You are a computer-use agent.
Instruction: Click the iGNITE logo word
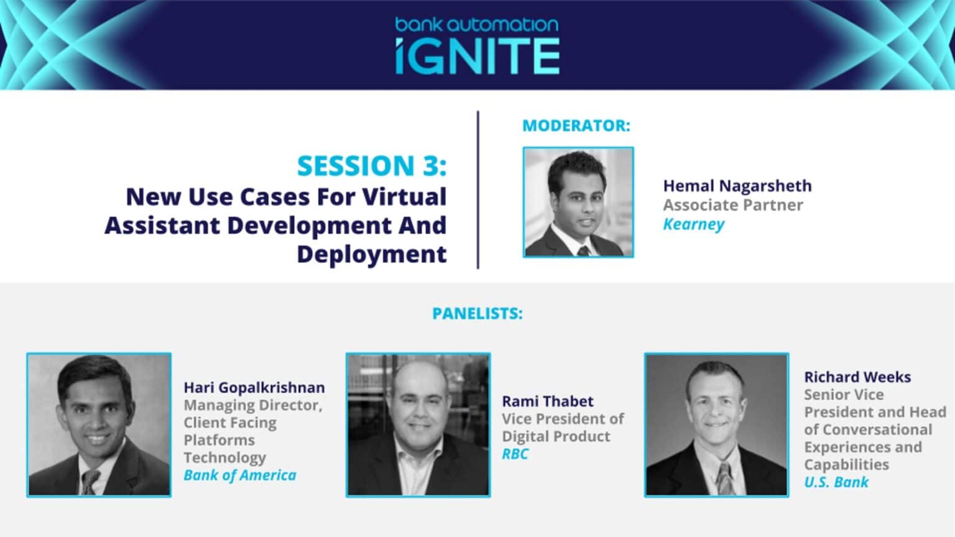point(477,57)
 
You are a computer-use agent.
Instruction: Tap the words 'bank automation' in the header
point(477,24)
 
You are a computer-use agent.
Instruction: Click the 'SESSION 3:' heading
point(372,165)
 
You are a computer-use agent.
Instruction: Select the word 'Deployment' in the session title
point(372,254)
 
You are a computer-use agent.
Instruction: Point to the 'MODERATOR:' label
point(576,126)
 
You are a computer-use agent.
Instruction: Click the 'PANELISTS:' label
point(477,314)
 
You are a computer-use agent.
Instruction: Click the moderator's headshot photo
point(579,203)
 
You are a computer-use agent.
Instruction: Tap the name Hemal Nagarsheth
point(737,186)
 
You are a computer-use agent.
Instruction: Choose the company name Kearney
point(694,224)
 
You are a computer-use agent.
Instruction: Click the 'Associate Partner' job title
point(733,205)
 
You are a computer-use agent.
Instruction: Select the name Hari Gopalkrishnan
point(254,388)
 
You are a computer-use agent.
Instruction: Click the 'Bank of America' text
point(240,475)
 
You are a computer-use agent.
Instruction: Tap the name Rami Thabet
point(548,401)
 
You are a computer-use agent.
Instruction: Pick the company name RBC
point(515,454)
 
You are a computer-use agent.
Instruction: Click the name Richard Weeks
point(858,377)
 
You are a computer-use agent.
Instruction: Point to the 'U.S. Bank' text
point(836,482)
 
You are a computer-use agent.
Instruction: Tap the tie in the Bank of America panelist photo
point(90,482)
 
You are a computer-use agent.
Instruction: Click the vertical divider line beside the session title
point(478,190)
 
